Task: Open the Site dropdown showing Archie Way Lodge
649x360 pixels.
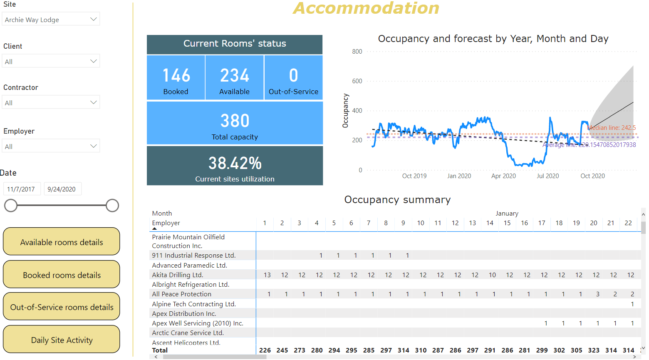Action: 51,19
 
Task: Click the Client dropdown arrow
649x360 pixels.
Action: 93,61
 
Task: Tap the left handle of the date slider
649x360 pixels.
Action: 11,206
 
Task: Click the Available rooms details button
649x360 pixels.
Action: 62,242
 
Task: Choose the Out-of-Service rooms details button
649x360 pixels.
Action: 62,307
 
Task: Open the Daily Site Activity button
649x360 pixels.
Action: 62,340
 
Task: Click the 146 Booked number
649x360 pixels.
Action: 176,76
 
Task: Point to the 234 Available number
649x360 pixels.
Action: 235,76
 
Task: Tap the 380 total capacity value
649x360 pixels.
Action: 235,121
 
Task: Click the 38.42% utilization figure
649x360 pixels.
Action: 235,163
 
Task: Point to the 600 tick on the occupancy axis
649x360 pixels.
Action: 357,81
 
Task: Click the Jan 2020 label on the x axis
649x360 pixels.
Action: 459,176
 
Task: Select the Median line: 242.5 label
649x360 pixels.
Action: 612,128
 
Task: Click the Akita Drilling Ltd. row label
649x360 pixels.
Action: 178,275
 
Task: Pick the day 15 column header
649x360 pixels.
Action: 507,223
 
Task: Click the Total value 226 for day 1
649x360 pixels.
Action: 265,350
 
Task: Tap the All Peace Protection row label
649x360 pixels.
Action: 182,294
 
